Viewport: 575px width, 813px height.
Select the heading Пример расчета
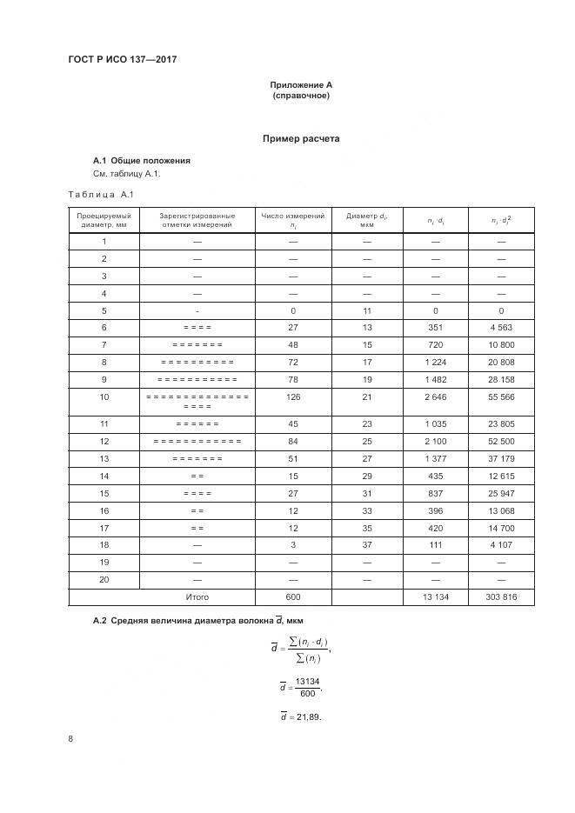pyautogui.click(x=301, y=138)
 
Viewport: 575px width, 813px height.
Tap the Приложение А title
pyautogui.click(x=301, y=84)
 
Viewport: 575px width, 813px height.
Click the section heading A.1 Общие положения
pyautogui.click(x=141, y=161)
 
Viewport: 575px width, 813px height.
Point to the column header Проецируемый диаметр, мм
pyautogui.click(x=104, y=220)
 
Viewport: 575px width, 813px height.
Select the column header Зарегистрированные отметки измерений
pyautogui.click(x=197, y=220)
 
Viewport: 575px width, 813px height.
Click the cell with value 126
pyautogui.click(x=292, y=397)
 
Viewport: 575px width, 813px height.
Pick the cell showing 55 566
pyautogui.click(x=501, y=397)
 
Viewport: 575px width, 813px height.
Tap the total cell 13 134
pyautogui.click(x=436, y=597)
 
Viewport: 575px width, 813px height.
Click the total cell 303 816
pyautogui.click(x=501, y=597)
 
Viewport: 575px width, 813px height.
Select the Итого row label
pyautogui.click(x=197, y=597)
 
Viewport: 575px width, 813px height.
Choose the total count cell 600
pyautogui.click(x=292, y=597)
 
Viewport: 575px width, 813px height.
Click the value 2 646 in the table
pyautogui.click(x=436, y=397)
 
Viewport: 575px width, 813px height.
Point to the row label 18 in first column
pyautogui.click(x=104, y=545)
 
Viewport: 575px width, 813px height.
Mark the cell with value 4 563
pyautogui.click(x=501, y=327)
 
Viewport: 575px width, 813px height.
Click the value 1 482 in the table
pyautogui.click(x=436, y=379)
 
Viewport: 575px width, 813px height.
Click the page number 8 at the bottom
pyautogui.click(x=70, y=739)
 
